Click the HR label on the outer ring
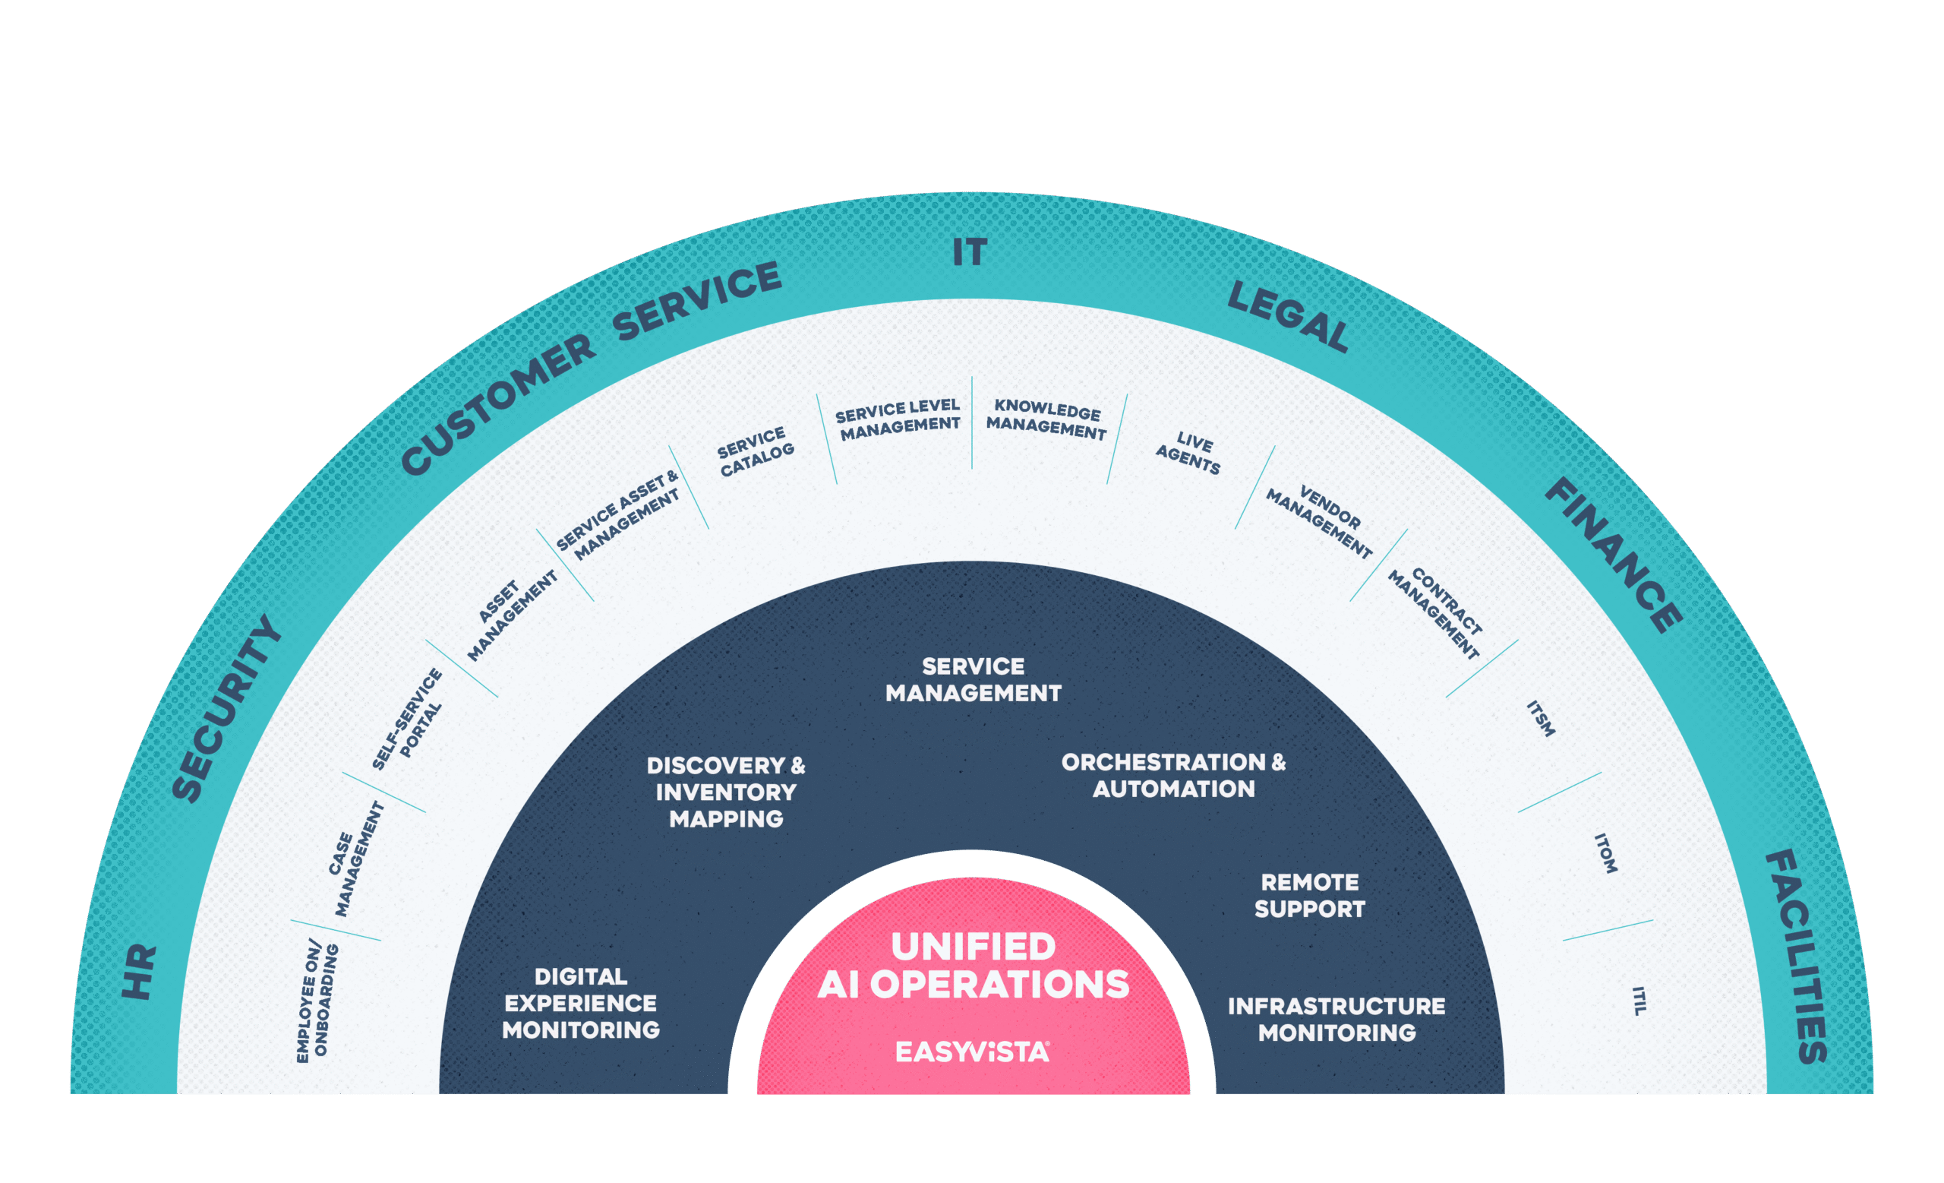coord(140,973)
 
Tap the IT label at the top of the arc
coord(970,252)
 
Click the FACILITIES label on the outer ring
coord(1797,956)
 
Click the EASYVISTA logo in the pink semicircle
coord(972,1052)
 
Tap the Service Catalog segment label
coord(755,452)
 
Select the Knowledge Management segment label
coord(1047,419)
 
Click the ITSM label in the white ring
coord(1541,718)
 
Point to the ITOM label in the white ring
coord(1605,853)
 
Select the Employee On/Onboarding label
coord(317,1001)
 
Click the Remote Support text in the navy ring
coord(1310,896)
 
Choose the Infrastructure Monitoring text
coord(1336,1020)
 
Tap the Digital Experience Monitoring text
coord(581,1003)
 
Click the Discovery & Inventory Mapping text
coord(726,792)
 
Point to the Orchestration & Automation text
coord(1173,776)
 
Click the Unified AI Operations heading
coord(973,965)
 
